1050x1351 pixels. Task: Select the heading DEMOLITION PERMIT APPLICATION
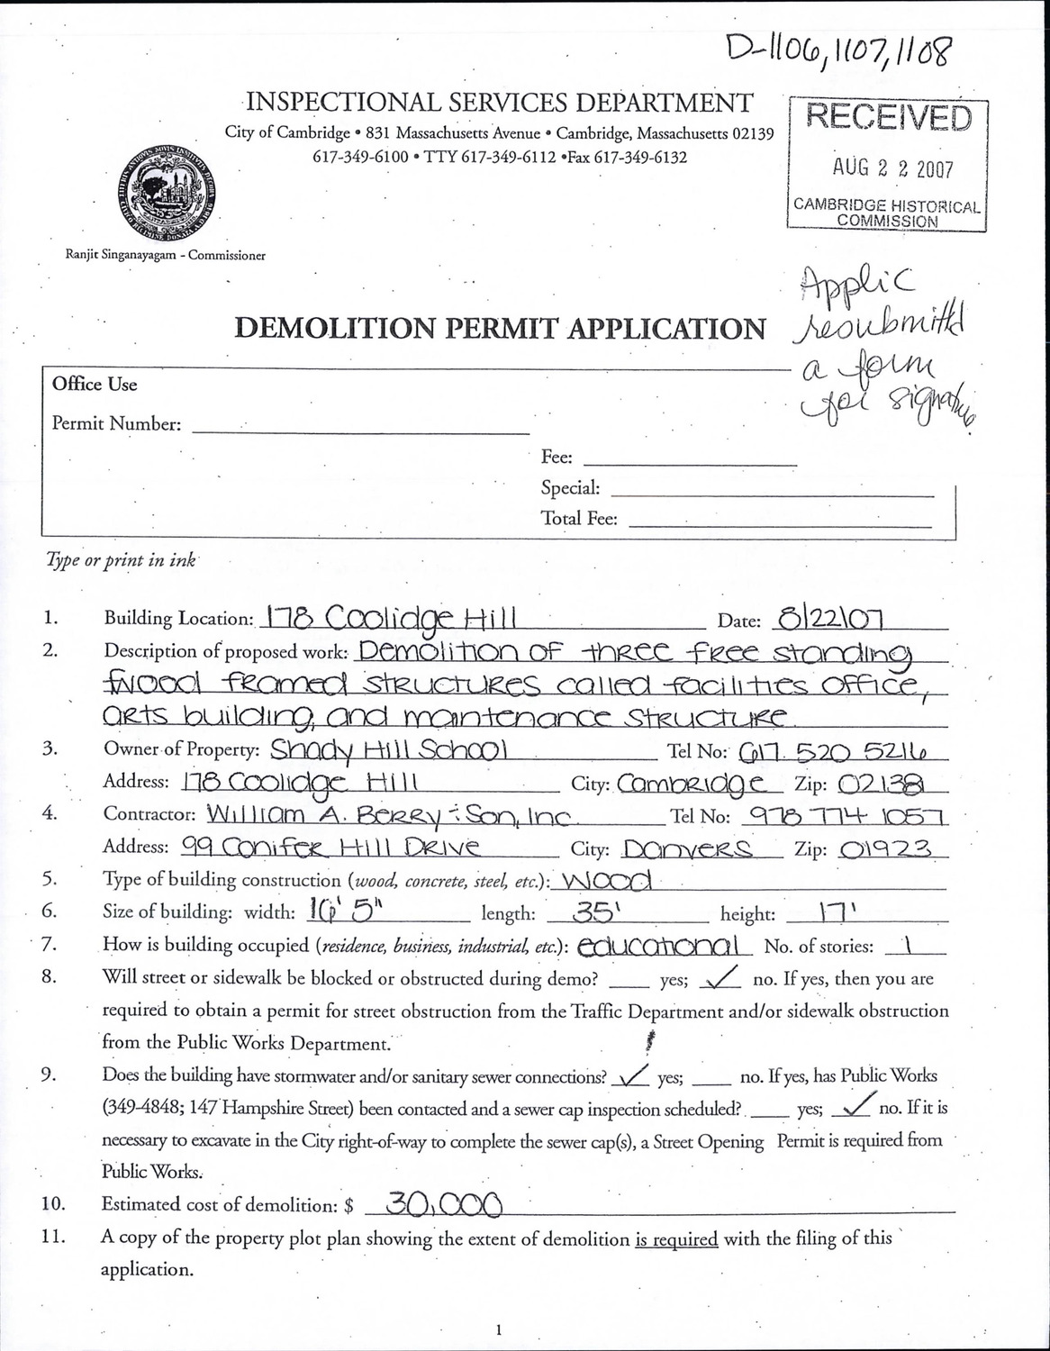pyautogui.click(x=500, y=329)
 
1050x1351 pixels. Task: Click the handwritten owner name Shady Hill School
pyautogui.click(x=390, y=749)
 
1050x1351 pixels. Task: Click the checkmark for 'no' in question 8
pyautogui.click(x=726, y=977)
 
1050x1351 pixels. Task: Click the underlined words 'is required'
pyautogui.click(x=676, y=1238)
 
